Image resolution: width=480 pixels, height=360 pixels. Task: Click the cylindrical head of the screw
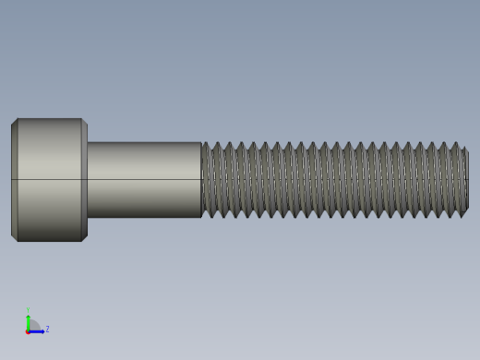click(x=49, y=180)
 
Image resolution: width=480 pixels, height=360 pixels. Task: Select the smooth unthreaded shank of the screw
click(x=144, y=180)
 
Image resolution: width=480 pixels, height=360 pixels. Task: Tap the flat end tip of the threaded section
click(x=466, y=180)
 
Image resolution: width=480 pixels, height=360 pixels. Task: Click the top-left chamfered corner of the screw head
click(x=14, y=121)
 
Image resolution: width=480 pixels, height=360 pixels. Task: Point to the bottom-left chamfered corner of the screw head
click(x=14, y=238)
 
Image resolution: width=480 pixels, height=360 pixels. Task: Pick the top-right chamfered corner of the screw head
click(x=84, y=121)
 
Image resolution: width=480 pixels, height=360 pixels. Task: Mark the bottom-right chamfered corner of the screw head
click(x=84, y=238)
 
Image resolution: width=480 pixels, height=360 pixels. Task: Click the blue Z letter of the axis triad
click(x=47, y=329)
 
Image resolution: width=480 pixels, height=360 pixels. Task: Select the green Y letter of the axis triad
click(x=28, y=311)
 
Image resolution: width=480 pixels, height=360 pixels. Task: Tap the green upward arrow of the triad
click(x=28, y=318)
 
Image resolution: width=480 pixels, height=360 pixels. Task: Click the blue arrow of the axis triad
click(x=38, y=330)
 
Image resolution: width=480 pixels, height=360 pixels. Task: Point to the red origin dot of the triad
click(x=28, y=330)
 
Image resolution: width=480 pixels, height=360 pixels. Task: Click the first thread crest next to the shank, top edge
click(x=205, y=143)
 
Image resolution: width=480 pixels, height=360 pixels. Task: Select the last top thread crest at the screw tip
click(x=454, y=144)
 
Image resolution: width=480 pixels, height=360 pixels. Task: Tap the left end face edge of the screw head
click(x=12, y=180)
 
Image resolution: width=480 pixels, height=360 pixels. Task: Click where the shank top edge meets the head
click(x=88, y=142)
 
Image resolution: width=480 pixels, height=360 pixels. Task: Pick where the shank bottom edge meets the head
click(x=88, y=217)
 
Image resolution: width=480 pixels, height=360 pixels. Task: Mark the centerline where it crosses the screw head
click(x=49, y=179)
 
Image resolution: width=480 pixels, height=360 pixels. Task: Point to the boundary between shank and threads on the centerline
click(x=201, y=179)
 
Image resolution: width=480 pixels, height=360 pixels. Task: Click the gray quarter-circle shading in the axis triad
click(x=33, y=325)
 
